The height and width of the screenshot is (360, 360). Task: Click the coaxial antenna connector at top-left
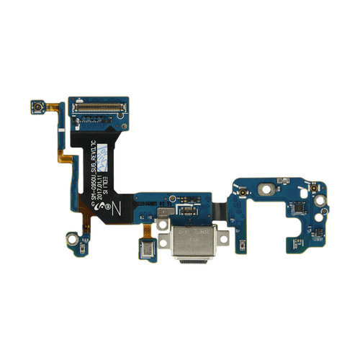click(35, 108)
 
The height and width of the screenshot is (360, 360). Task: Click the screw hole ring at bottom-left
click(72, 236)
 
